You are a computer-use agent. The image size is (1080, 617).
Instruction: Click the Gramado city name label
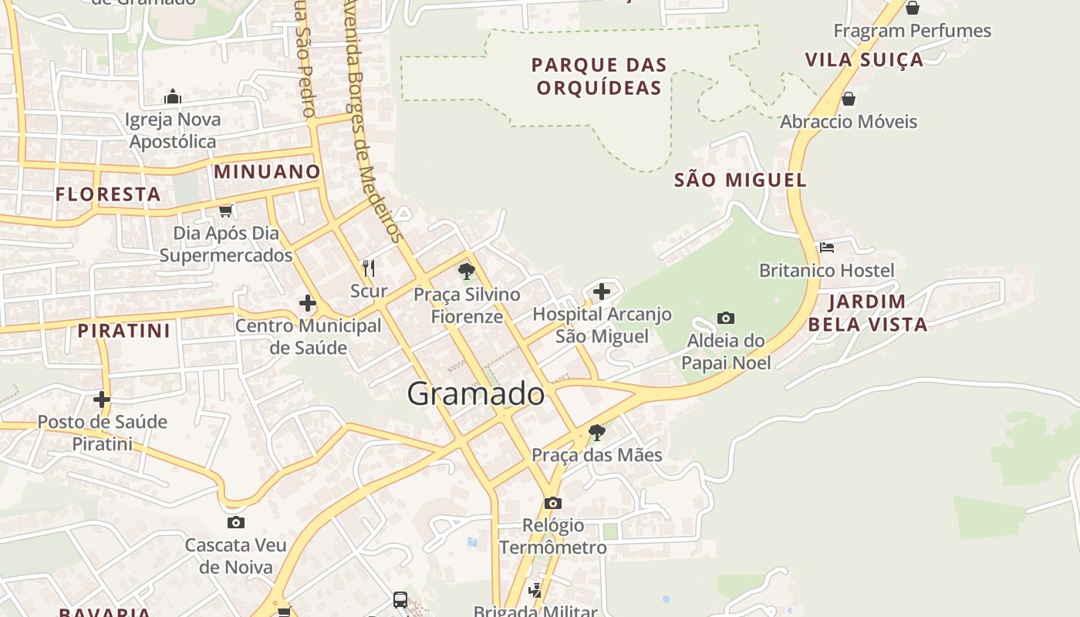475,394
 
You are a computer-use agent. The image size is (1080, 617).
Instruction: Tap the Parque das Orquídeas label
599,76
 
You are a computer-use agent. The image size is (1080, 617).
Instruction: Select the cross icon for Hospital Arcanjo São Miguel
602,292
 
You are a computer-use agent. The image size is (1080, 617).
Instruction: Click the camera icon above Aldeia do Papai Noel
725,318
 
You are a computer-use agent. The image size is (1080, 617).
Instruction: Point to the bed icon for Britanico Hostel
827,248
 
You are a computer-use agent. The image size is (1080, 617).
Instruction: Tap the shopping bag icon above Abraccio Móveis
848,99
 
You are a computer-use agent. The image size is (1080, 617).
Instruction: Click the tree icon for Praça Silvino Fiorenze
466,271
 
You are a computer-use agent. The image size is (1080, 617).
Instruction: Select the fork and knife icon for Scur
369,268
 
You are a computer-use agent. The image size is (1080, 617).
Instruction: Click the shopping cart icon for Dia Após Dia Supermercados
225,211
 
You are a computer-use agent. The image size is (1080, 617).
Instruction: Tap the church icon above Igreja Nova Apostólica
173,96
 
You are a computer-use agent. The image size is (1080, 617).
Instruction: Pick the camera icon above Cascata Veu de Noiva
235,522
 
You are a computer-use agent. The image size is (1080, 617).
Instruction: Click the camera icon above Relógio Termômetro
552,503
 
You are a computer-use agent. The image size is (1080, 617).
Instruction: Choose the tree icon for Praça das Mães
596,432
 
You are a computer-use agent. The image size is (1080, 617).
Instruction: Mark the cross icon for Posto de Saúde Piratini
102,400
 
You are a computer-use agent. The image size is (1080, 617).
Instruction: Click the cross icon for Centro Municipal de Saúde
308,303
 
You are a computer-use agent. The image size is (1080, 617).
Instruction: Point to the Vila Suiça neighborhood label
863,60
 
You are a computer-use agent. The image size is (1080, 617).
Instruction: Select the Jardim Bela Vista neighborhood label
867,312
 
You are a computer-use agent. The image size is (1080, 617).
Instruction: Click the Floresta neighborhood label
108,194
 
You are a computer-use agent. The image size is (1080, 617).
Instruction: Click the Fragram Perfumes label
912,31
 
